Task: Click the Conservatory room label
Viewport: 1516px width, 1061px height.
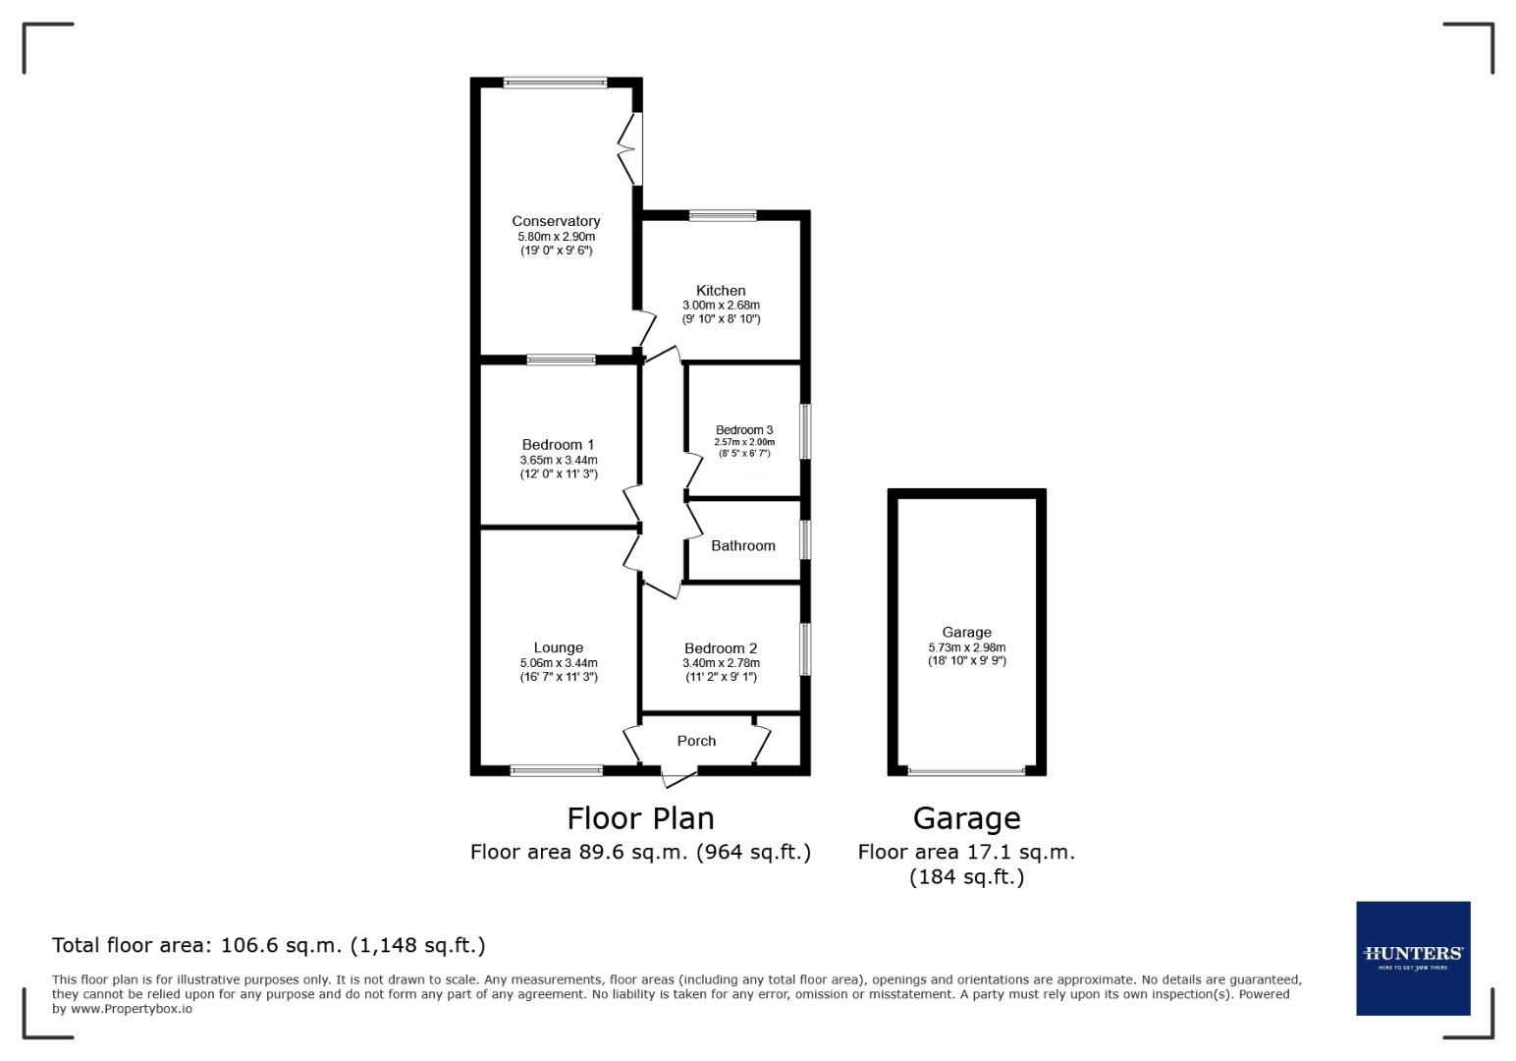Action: (x=556, y=221)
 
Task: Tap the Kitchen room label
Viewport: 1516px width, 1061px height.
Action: (x=721, y=290)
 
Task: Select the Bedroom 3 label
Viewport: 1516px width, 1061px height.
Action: (x=744, y=429)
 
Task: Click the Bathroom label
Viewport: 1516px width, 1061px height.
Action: (x=743, y=545)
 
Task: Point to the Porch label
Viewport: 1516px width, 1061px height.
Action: (x=696, y=741)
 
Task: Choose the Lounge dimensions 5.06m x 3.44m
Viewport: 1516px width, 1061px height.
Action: (x=559, y=663)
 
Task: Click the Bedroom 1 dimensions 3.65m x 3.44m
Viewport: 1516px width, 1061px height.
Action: (x=559, y=460)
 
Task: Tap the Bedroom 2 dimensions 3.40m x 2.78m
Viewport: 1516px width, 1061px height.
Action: (x=721, y=663)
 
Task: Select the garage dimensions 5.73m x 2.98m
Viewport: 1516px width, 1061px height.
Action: (x=966, y=647)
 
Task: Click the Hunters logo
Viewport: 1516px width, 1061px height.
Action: (x=1413, y=958)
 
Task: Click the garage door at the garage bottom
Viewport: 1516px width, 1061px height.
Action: (x=966, y=771)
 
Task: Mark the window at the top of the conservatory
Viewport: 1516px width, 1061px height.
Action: (x=556, y=83)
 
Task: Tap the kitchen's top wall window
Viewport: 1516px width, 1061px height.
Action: (x=723, y=215)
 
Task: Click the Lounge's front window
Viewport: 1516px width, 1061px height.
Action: (x=557, y=771)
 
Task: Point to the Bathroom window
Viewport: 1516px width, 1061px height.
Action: (x=805, y=540)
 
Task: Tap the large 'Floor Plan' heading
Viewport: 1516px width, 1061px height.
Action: (x=640, y=818)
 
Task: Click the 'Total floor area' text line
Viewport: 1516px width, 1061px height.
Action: (x=268, y=945)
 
